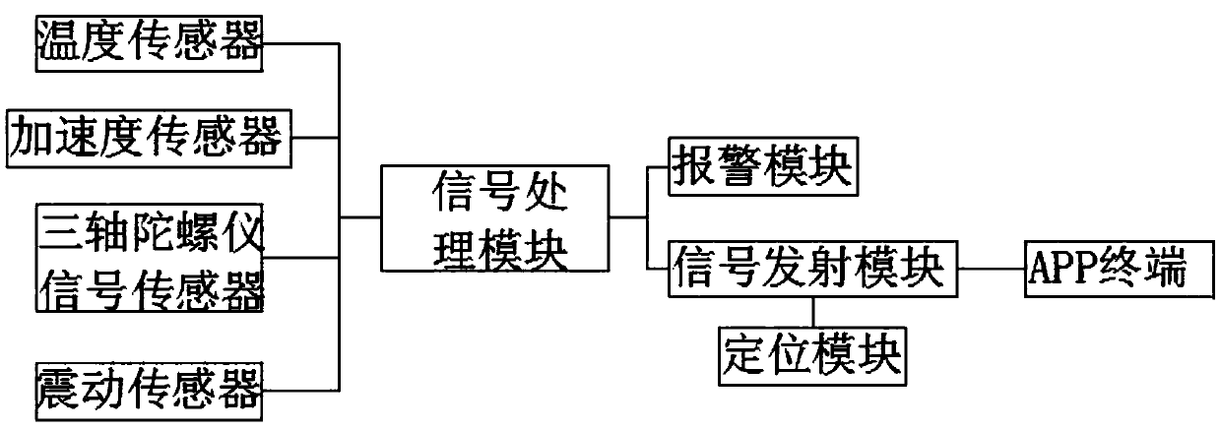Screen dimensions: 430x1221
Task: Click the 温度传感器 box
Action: [x=151, y=43]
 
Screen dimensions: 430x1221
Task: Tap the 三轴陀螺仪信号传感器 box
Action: [x=151, y=258]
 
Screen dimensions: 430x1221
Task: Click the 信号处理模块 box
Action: [x=491, y=218]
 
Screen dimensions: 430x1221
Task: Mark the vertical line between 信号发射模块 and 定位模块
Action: [x=812, y=311]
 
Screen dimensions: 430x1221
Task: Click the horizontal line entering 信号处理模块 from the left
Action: [x=359, y=217]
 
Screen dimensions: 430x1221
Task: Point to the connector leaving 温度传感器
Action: [x=301, y=43]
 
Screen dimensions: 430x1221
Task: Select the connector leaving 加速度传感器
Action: [x=316, y=141]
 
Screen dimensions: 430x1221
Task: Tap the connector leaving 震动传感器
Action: [x=301, y=388]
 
